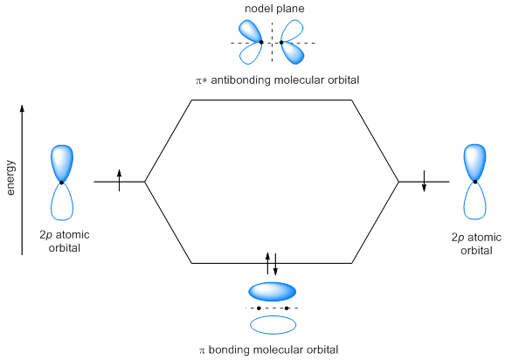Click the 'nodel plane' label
coord(274,9)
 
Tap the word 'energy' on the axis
coord(10,177)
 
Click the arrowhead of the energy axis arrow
coord(22,108)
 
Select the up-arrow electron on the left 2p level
coord(119,180)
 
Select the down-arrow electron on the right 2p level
coord(424,181)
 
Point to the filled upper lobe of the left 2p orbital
coord(62,163)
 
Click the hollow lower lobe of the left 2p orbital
coord(62,202)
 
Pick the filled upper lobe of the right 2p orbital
coord(475,163)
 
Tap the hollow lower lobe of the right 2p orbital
coord(475,201)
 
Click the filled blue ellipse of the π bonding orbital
coord(272,292)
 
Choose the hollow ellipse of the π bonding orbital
coord(273,325)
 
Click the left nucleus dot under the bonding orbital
coord(259,308)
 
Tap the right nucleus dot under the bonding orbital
coord(287,308)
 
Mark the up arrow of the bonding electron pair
coord(267,263)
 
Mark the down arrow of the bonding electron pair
coord(275,265)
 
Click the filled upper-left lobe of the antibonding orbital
coord(250,31)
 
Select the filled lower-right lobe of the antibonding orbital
coord(292,52)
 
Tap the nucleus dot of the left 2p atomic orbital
coord(61,183)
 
